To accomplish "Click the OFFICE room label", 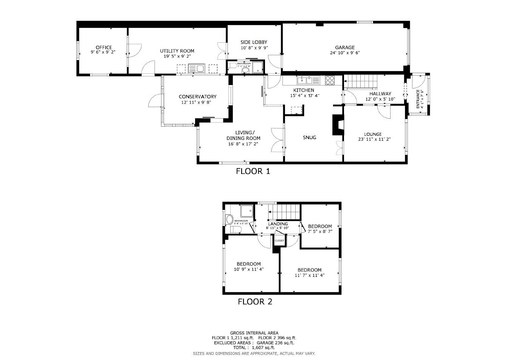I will [x=103, y=47].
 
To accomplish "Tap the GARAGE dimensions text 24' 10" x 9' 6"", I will [x=344, y=53].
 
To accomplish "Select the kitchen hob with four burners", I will [x=330, y=80].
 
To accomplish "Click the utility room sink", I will [x=196, y=68].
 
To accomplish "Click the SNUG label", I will [x=309, y=138].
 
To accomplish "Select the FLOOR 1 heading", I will [x=253, y=171].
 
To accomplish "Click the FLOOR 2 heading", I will [x=254, y=302].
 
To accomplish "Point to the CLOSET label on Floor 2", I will [x=279, y=241].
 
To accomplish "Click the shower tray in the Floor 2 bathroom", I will [x=248, y=210].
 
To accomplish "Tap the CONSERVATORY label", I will [x=197, y=97].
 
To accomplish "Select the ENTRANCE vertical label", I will [x=418, y=99].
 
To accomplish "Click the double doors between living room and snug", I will [x=277, y=140].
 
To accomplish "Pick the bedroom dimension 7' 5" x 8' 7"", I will [x=320, y=231].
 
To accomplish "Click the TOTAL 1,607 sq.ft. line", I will [x=254, y=348].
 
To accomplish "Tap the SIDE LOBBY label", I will [x=254, y=42].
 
